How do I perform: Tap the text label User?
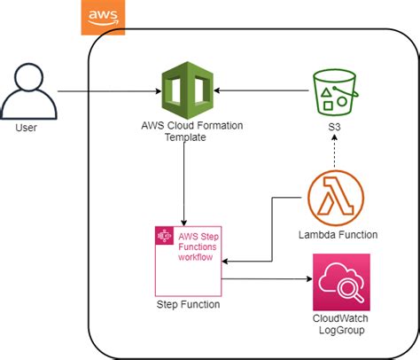[27, 129]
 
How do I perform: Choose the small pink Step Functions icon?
[163, 236]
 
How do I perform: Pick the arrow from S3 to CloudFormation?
[261, 90]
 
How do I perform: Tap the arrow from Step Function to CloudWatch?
[266, 279]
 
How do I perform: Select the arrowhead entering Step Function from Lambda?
[226, 262]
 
